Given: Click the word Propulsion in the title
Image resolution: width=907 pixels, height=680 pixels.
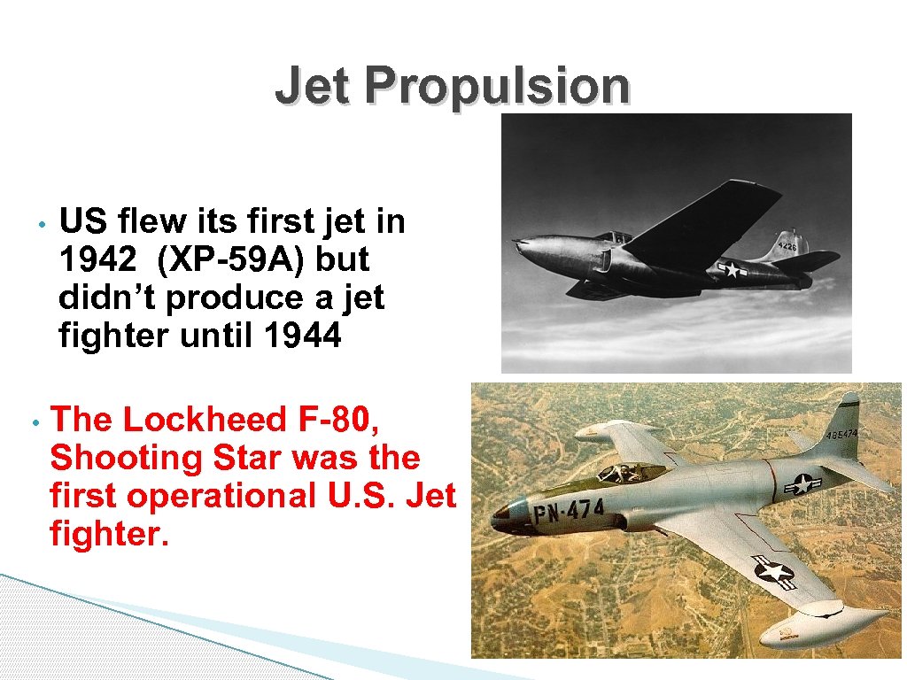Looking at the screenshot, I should [x=497, y=87].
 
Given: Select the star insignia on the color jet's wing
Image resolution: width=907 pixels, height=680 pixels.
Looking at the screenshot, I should [x=773, y=571].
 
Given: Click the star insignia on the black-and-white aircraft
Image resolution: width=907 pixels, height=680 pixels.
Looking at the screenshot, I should [x=732, y=269].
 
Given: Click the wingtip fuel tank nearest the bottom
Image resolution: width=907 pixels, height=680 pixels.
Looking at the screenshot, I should [x=801, y=630].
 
